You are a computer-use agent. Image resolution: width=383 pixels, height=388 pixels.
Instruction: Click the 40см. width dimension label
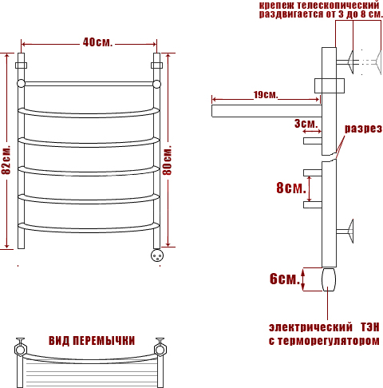coord(97,42)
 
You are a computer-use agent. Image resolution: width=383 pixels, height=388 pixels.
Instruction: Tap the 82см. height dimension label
coord(6,160)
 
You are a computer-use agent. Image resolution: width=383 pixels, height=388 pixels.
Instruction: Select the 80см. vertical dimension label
coord(167,160)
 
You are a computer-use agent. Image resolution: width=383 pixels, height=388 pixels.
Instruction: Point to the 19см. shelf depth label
coord(266,95)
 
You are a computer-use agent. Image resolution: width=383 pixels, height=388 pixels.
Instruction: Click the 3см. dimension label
coord(306,124)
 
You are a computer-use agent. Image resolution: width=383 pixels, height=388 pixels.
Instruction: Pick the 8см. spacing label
coord(291,188)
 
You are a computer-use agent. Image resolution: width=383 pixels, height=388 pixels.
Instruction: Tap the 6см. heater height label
coord(285,279)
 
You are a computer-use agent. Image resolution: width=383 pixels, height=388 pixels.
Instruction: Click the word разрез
coord(363,129)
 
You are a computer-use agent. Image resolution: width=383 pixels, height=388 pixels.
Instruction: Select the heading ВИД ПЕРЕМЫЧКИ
coord(92,341)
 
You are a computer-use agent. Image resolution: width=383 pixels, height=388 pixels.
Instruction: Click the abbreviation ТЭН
coord(370,327)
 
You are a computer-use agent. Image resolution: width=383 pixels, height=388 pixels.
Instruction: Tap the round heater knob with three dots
coord(157,255)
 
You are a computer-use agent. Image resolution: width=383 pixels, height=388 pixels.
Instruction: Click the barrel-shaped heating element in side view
coord(329,279)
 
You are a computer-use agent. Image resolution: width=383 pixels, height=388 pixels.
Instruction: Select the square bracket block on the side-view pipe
coord(330,85)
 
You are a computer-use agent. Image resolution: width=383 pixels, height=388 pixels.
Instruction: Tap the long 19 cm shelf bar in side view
coord(267,111)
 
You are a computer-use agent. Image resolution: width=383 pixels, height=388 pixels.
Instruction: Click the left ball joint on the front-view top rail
coord(21,84)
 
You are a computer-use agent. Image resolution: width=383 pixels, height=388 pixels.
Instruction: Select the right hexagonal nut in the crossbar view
coord(160,350)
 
